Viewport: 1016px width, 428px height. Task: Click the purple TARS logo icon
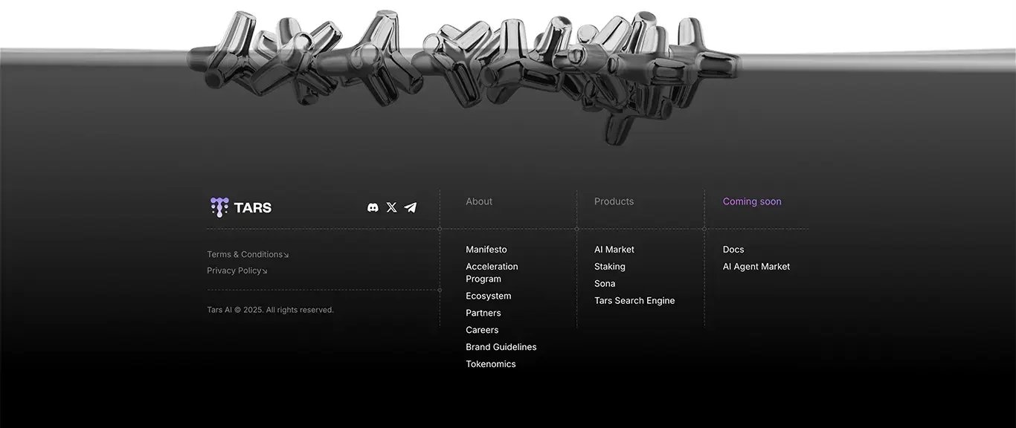pyautogui.click(x=219, y=207)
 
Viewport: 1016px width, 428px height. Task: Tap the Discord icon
pyautogui.click(x=373, y=207)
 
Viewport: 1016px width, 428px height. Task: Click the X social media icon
pyautogui.click(x=391, y=207)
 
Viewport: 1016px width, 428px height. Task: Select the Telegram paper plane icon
pyautogui.click(x=411, y=207)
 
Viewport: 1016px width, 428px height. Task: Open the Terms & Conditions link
pyautogui.click(x=248, y=255)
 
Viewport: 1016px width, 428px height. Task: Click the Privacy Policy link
pyautogui.click(x=237, y=270)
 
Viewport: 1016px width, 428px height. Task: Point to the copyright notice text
pyautogui.click(x=270, y=310)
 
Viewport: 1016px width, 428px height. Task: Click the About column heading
pyautogui.click(x=479, y=201)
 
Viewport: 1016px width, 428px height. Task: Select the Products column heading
pyautogui.click(x=614, y=201)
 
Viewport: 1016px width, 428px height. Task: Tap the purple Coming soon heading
pyautogui.click(x=752, y=201)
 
